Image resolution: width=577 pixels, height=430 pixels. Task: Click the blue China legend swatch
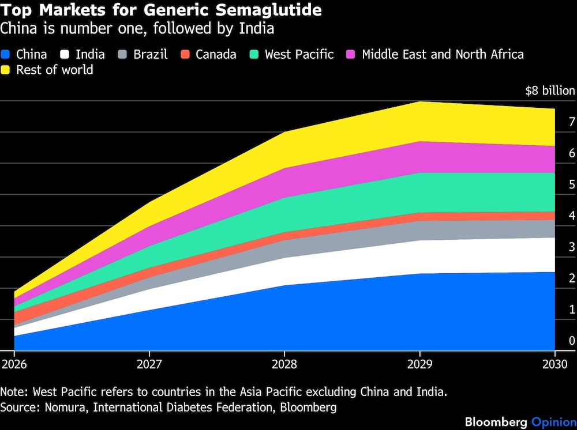coord(6,55)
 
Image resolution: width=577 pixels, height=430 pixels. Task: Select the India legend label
coord(90,55)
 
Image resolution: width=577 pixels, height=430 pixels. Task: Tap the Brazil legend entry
coord(150,55)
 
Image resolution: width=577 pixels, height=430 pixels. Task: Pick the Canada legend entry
coord(216,55)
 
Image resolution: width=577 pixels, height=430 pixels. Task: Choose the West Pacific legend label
coord(299,55)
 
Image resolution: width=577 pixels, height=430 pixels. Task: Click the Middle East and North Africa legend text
coord(443,55)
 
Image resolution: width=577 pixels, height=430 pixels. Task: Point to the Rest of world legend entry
coord(54,70)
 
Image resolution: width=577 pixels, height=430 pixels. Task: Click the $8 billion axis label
coord(550,91)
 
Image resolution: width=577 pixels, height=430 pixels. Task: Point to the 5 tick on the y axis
coord(572,184)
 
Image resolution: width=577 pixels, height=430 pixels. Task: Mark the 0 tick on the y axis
coord(572,341)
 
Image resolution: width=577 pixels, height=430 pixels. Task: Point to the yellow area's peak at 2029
coord(419,102)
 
